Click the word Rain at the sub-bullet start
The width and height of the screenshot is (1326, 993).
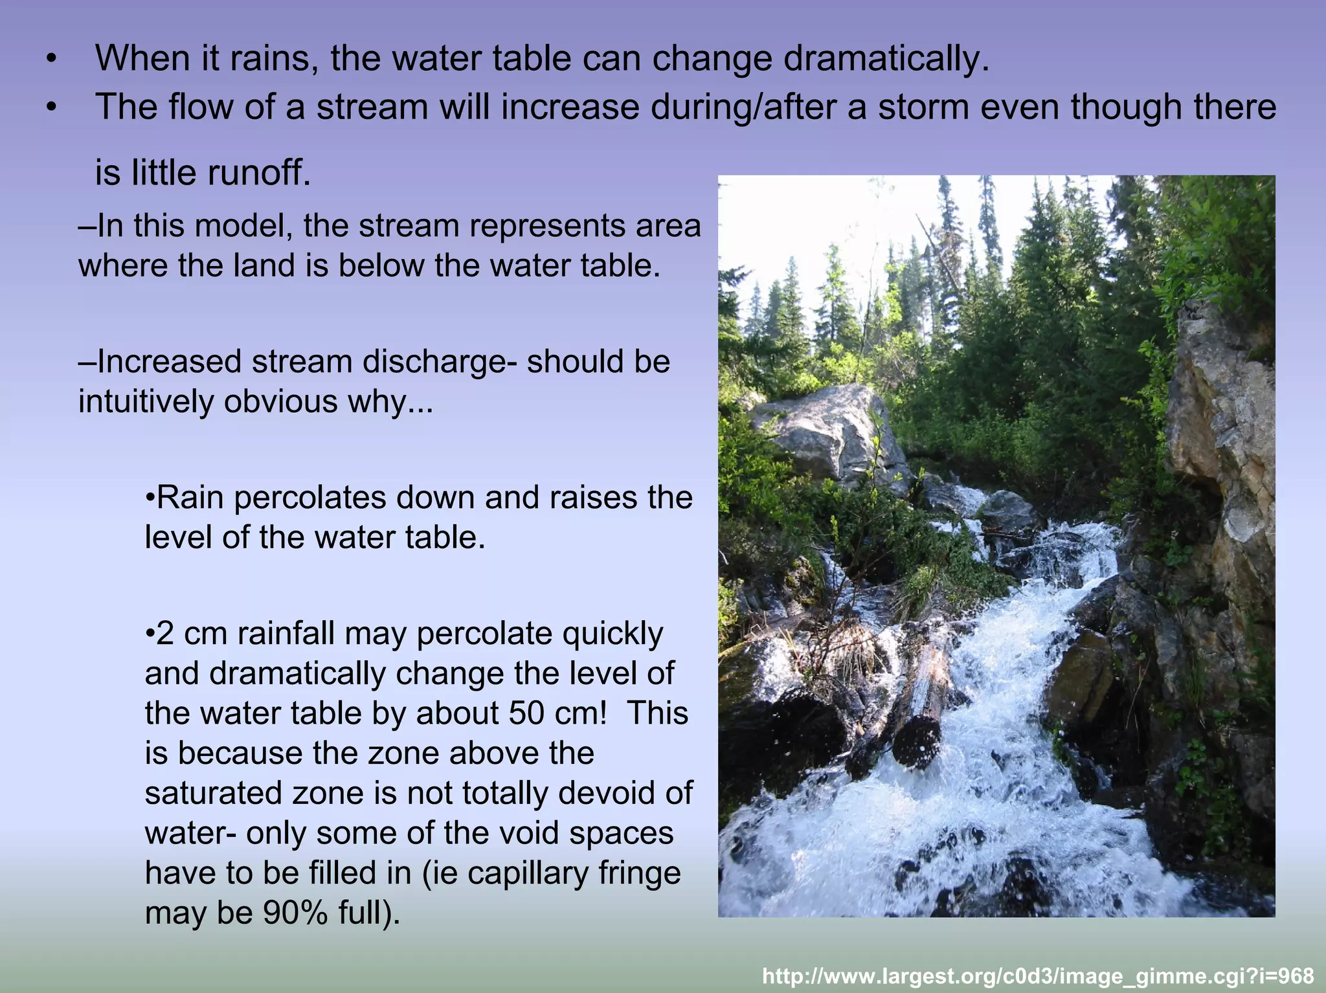192,498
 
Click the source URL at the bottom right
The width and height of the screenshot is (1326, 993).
1038,976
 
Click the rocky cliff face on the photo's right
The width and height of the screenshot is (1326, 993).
1220,453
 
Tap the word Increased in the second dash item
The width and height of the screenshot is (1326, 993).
169,362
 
